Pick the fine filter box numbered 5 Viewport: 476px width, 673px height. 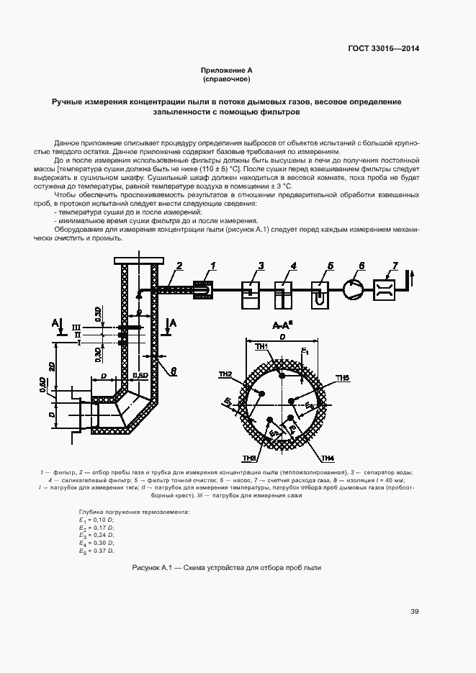pyautogui.click(x=321, y=294)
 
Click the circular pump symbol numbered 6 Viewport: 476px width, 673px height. pyautogui.click(x=354, y=289)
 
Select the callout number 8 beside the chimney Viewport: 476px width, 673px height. pyautogui.click(x=173, y=371)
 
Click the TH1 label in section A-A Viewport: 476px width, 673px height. pyautogui.click(x=261, y=347)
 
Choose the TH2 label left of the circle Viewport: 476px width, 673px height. pyautogui.click(x=225, y=374)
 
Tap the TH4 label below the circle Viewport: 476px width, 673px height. pyautogui.click(x=328, y=459)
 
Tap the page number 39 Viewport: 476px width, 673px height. pyautogui.click(x=415, y=612)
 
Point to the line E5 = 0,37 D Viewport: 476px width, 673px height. pyautogui.click(x=96, y=551)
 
